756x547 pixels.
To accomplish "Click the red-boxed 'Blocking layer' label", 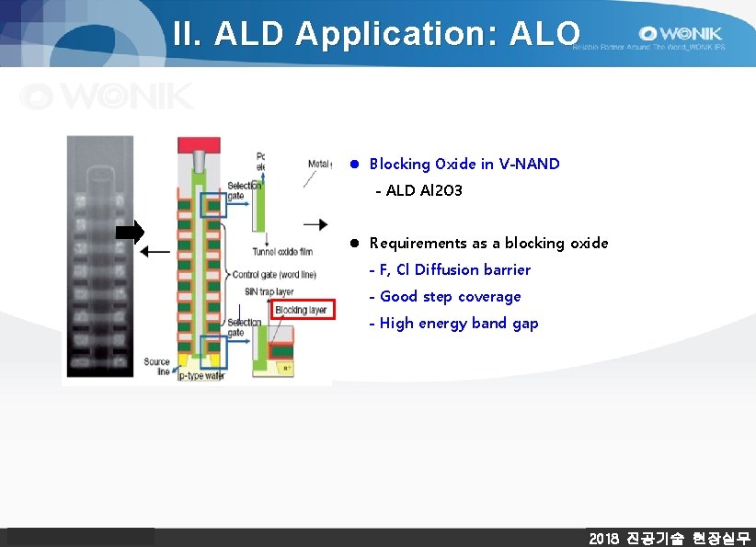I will click(x=300, y=311).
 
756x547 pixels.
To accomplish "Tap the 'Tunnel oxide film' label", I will click(x=281, y=252).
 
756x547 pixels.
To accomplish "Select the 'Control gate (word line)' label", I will click(x=274, y=275).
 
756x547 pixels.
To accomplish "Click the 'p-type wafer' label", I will click(x=201, y=376).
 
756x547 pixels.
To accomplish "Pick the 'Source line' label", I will click(x=156, y=367).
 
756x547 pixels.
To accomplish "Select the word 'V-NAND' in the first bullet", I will click(x=529, y=164).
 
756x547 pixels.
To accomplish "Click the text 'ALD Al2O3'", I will click(x=424, y=190).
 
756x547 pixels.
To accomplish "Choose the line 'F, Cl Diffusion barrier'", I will click(x=454, y=269).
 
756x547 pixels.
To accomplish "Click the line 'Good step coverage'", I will click(x=450, y=296).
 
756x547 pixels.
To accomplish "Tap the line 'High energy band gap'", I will click(x=459, y=323).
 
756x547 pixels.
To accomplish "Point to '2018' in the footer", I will click(x=603, y=538).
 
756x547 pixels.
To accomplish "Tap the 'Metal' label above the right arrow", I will click(x=318, y=164).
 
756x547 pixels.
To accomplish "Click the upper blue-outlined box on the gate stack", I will click(x=212, y=205).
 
